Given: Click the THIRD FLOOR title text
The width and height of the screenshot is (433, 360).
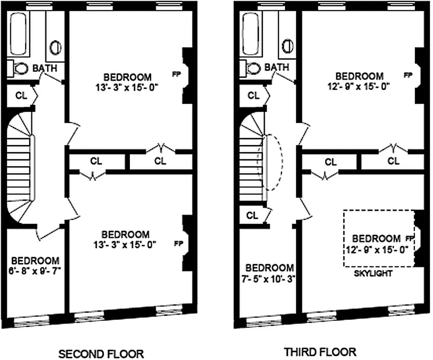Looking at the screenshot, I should point(320,351).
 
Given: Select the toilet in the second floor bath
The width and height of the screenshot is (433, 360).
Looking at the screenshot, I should point(19,68).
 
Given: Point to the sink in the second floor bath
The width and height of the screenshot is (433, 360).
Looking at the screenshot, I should point(55,47).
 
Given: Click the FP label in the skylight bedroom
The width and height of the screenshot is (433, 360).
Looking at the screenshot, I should point(409,238).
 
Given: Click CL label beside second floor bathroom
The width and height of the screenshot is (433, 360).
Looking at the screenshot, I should point(21,95).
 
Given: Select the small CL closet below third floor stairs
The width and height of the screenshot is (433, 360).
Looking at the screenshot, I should point(253,215).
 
